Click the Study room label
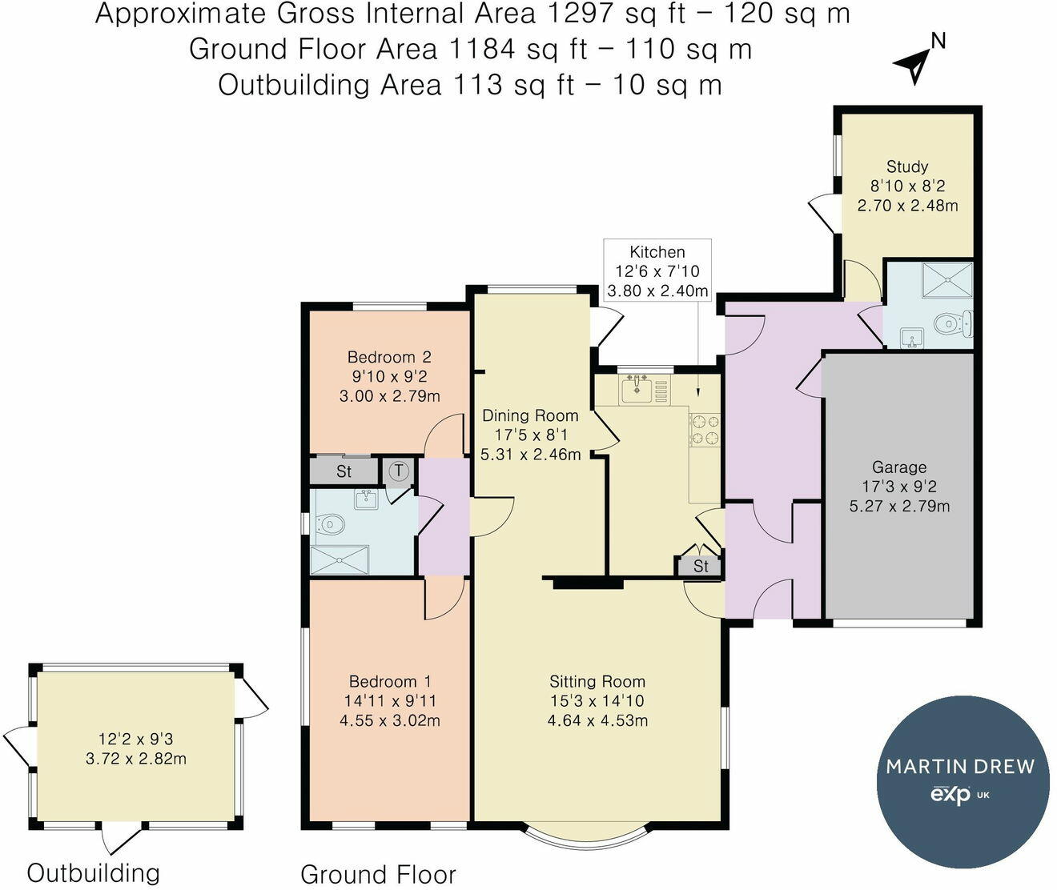[906, 166]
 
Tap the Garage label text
[899, 467]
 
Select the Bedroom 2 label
[389, 357]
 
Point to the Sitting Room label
[597, 682]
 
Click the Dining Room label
[530, 416]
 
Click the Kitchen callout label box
[657, 271]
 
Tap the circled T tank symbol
[399, 471]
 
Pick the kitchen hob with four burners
[705, 430]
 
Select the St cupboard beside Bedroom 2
[344, 471]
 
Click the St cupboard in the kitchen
[700, 566]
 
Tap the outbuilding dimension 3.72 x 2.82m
[136, 759]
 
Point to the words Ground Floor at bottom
[378, 874]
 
